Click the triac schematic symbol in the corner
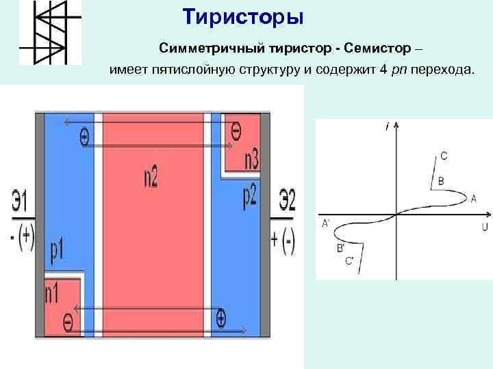pos(49,32)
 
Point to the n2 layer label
pos(151,178)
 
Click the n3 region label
pos(251,160)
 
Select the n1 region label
pos(53,294)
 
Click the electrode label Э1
pos(20,202)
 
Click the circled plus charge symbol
pos(220,316)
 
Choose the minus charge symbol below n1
pos(67,321)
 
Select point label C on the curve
pos(444,156)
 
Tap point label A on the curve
pos(473,198)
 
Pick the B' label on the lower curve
pos(340,248)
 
